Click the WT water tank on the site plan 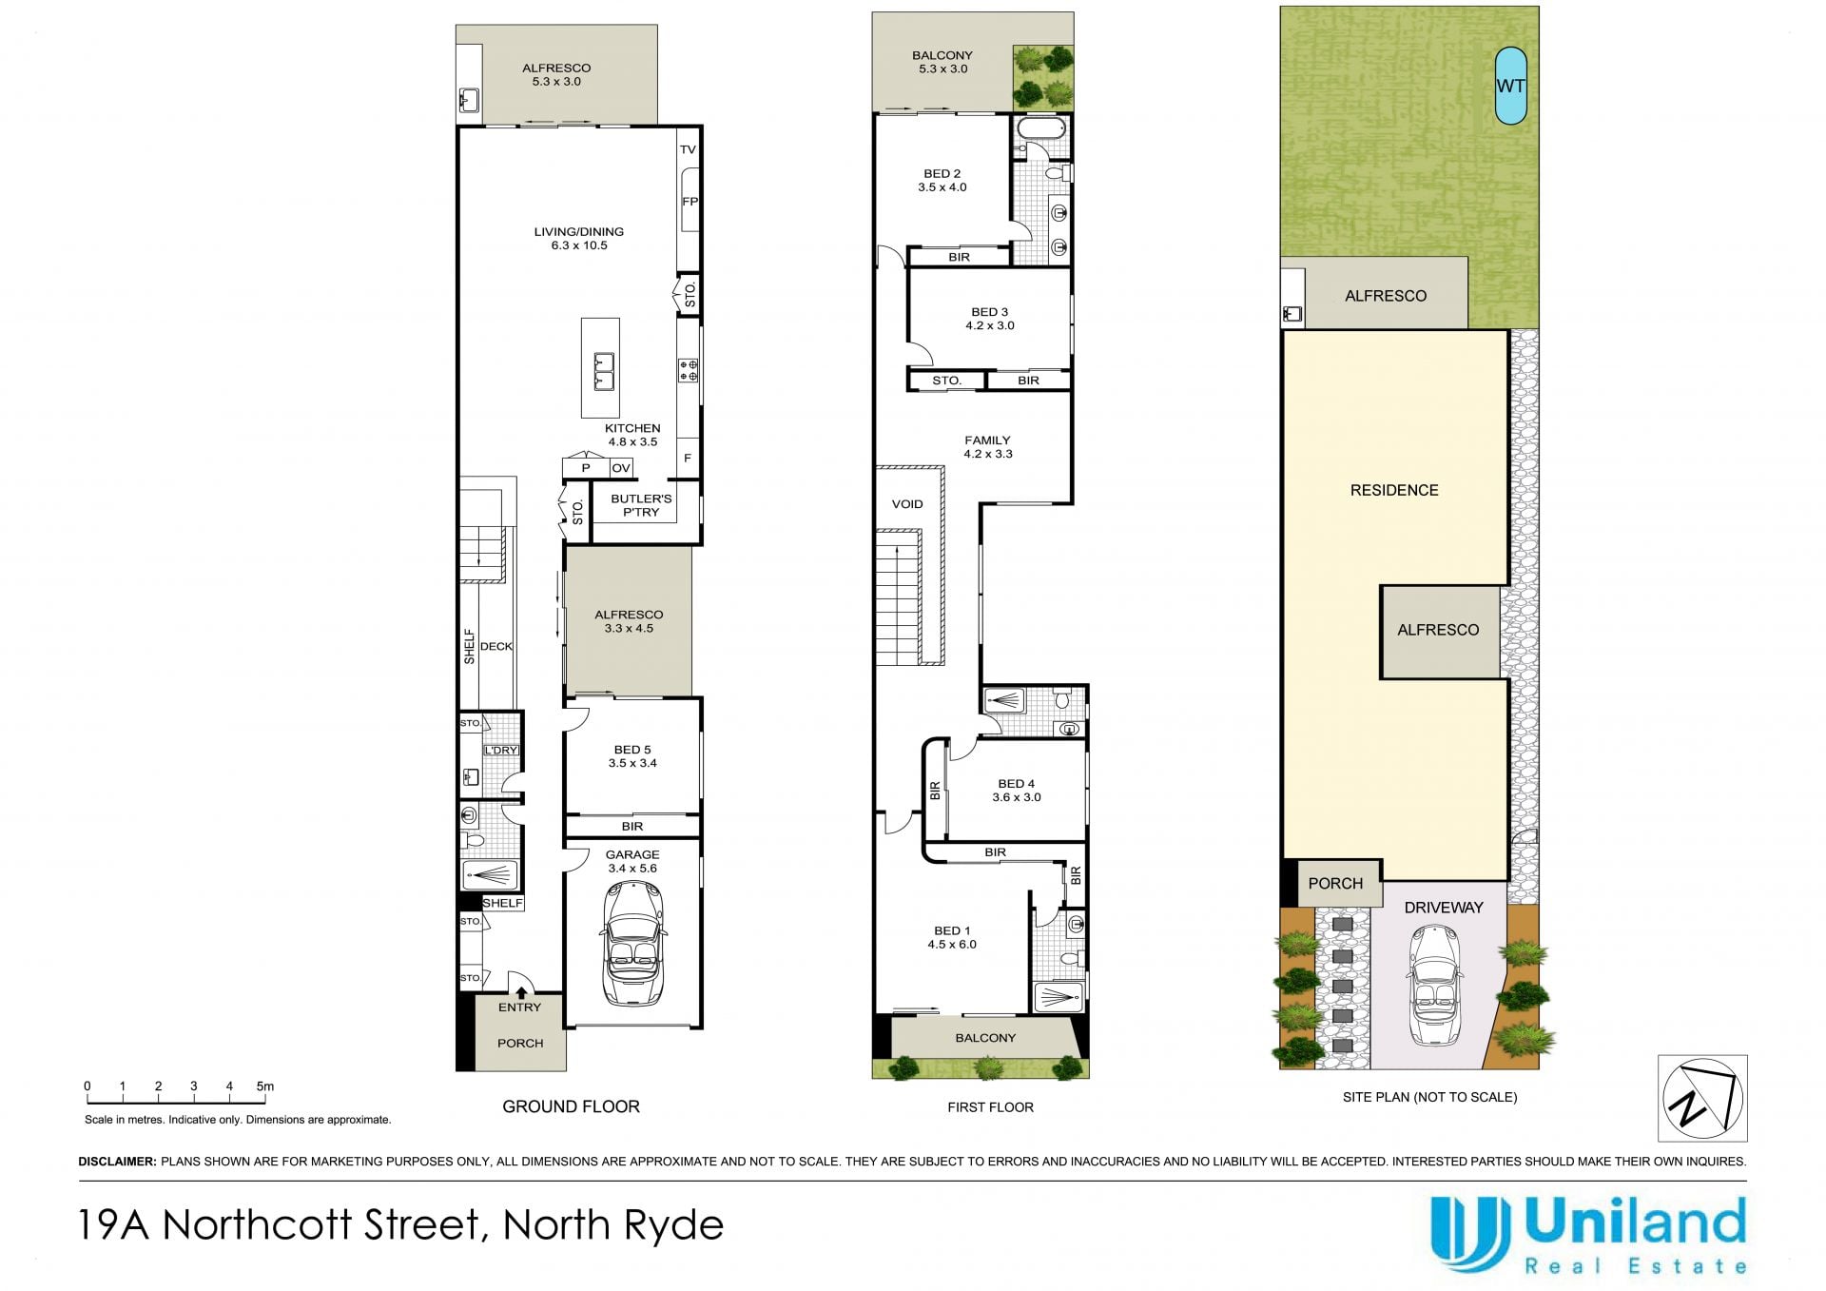pyautogui.click(x=1510, y=86)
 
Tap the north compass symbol pyautogui.click(x=1702, y=1098)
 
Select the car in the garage pyautogui.click(x=633, y=943)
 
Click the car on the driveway pyautogui.click(x=1436, y=984)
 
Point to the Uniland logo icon pyautogui.click(x=1470, y=1233)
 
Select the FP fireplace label pyautogui.click(x=690, y=202)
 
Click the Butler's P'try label pyautogui.click(x=641, y=505)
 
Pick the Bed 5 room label pyautogui.click(x=632, y=756)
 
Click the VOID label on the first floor pyautogui.click(x=907, y=504)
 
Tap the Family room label pyautogui.click(x=988, y=447)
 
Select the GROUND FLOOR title pyautogui.click(x=571, y=1106)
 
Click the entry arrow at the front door pyautogui.click(x=521, y=992)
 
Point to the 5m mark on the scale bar pyautogui.click(x=264, y=1086)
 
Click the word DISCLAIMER pyautogui.click(x=117, y=1162)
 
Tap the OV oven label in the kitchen pyautogui.click(x=621, y=468)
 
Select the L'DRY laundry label pyautogui.click(x=501, y=751)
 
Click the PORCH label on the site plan pyautogui.click(x=1335, y=884)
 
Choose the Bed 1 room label pyautogui.click(x=952, y=938)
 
